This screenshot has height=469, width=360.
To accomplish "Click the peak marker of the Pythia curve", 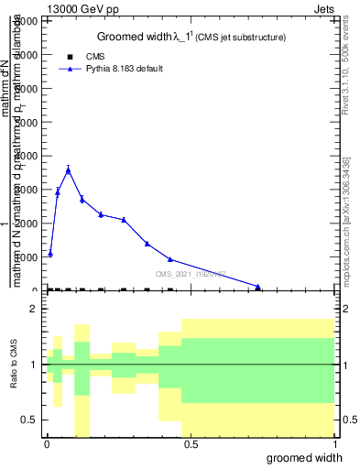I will pos(68,169).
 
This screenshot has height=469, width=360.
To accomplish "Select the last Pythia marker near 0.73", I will pos(258,287).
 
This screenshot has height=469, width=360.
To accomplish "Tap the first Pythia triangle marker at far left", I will pos(50,253).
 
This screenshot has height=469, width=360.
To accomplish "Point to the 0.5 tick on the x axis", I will pos(190,444).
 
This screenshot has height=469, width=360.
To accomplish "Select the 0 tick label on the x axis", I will pos(46,444).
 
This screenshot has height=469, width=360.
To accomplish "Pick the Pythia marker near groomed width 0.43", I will pos(170,259).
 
